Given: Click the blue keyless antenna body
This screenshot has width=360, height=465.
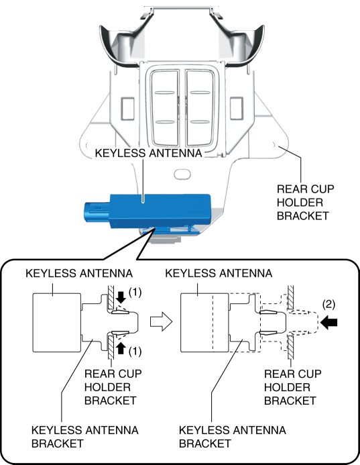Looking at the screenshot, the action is (160, 211).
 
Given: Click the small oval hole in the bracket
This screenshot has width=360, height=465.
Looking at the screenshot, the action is (182, 174).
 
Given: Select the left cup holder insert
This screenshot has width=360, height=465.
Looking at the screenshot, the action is (165, 108).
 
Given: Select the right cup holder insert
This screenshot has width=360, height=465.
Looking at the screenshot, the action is (200, 108).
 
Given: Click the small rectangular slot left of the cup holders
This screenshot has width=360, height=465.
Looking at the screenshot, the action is (127, 109).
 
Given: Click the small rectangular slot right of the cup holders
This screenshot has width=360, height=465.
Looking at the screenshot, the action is (237, 109).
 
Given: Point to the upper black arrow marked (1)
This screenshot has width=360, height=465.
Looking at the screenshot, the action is (121, 297).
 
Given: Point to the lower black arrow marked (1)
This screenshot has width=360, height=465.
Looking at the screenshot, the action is (121, 348).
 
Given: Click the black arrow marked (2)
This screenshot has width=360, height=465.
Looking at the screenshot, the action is (329, 322).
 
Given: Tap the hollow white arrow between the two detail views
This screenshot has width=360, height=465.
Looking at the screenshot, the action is (161, 322).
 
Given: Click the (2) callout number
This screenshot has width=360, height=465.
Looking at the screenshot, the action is (328, 304).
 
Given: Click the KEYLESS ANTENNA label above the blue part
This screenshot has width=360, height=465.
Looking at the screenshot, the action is (148, 153).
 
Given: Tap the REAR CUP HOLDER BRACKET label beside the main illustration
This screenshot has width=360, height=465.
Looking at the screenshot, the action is (305, 203).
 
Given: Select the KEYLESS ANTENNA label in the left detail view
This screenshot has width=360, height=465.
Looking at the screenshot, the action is (79, 273).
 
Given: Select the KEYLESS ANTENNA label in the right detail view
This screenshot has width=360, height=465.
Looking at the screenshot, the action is (219, 273).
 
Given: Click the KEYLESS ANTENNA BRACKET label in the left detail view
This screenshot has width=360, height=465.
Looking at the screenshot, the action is (84, 437).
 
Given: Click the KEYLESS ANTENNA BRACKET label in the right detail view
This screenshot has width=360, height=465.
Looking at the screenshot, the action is (233, 437).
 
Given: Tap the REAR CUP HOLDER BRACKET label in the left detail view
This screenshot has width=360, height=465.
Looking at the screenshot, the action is (113, 387).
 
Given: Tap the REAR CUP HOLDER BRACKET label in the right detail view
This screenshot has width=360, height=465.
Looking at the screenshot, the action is (293, 387).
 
